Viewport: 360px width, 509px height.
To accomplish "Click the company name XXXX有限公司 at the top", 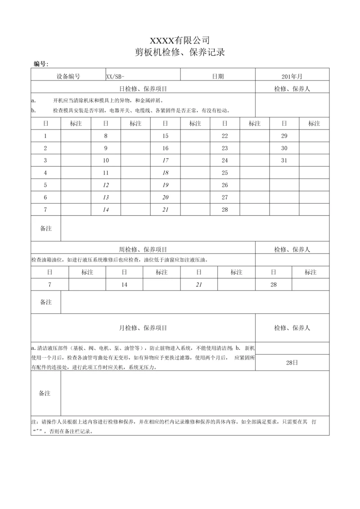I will click(180, 40).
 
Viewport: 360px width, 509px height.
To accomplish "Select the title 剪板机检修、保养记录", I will click(180, 52).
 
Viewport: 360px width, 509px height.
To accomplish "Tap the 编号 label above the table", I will click(41, 64).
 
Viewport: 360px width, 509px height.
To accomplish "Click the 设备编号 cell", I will click(68, 76).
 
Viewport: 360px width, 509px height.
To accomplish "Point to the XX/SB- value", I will click(115, 76).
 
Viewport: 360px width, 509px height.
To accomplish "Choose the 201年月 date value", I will click(292, 76).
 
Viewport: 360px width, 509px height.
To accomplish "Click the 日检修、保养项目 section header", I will click(143, 89).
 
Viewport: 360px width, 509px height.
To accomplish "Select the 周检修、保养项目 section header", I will click(143, 250).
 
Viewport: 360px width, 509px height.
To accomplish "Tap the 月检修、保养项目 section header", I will click(143, 328).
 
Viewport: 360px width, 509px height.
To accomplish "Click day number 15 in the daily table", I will click(165, 136).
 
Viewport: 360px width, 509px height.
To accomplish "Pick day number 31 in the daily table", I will click(284, 161).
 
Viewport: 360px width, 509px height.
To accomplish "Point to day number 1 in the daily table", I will click(45, 136).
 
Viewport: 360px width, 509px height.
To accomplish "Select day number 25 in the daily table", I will click(225, 173).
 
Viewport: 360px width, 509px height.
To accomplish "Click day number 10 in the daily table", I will click(106, 161).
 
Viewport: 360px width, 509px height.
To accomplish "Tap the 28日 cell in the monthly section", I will click(292, 362).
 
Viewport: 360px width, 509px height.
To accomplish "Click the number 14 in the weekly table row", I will click(124, 285).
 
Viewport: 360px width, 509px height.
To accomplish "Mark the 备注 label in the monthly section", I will click(45, 393).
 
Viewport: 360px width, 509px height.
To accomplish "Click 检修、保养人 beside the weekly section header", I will click(292, 250).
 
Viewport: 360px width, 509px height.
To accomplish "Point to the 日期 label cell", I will click(218, 76).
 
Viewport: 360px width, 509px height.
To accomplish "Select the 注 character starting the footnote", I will click(34, 423).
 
